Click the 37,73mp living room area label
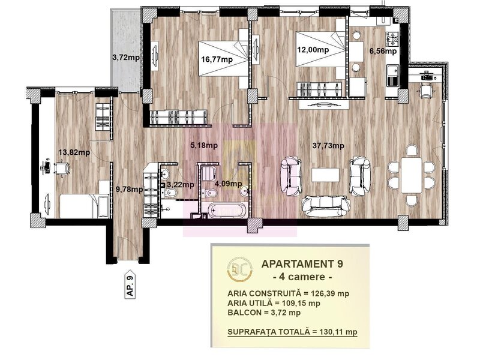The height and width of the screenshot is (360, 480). [328, 146]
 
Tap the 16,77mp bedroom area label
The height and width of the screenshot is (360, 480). [217, 59]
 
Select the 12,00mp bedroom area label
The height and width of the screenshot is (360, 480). [313, 50]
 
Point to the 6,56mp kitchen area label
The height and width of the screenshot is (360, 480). [383, 51]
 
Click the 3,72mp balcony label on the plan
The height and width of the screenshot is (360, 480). [126, 57]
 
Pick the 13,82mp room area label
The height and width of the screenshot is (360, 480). [74, 152]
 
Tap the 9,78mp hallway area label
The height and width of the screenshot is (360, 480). [129, 190]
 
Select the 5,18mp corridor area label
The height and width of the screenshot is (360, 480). [204, 145]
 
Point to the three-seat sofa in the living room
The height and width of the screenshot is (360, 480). [325, 206]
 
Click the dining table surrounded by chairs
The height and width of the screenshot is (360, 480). [411, 175]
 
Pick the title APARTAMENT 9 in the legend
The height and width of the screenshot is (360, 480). [302, 263]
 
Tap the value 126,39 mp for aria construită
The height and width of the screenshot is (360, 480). [330, 293]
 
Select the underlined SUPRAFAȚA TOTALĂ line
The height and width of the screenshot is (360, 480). [292, 332]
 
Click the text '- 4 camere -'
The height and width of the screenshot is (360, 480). [302, 277]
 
